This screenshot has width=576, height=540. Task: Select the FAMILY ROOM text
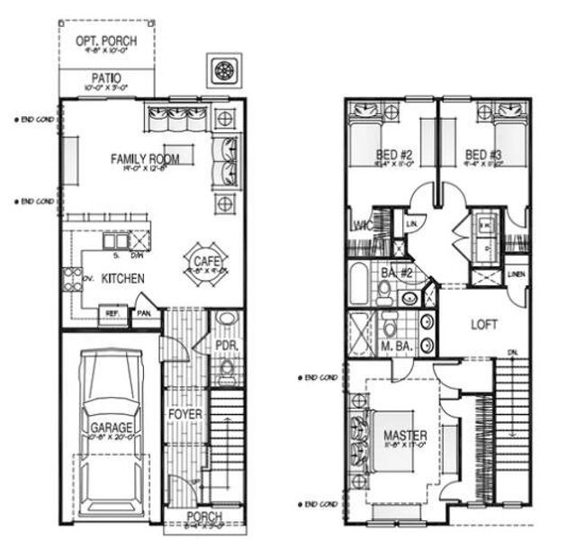click(145, 159)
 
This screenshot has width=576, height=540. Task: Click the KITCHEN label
click(122, 280)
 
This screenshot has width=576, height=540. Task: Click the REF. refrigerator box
click(112, 313)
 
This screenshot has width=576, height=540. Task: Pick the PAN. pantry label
click(144, 313)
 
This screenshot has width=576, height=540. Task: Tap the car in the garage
click(111, 423)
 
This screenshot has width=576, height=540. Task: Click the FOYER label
click(186, 414)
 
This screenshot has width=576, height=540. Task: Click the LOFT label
click(484, 324)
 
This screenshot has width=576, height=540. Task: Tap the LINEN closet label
click(516, 274)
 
